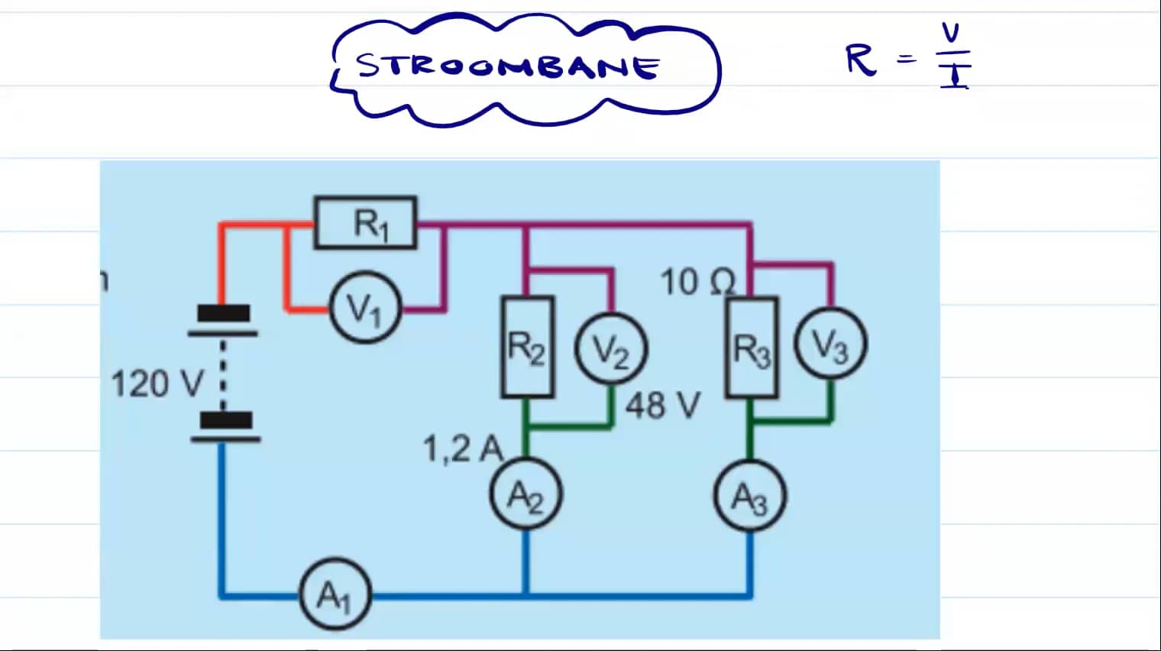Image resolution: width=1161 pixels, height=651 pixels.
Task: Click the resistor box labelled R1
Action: click(366, 223)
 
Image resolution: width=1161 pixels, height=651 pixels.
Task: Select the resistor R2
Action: click(527, 348)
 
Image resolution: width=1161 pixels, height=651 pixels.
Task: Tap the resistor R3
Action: click(751, 348)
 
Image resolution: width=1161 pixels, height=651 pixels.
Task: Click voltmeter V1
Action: click(365, 308)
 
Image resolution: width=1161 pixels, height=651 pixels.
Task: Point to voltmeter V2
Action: click(610, 350)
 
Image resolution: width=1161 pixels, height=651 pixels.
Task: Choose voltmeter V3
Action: click(830, 345)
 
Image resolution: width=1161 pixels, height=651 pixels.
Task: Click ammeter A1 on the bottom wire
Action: click(334, 595)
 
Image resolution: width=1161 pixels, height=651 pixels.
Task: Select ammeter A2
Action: click(526, 496)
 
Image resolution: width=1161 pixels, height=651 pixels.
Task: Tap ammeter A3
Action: click(749, 497)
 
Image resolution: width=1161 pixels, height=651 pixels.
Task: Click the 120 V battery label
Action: click(157, 383)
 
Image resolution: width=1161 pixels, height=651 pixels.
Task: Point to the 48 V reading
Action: click(662, 405)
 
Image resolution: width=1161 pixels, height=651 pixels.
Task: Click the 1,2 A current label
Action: click(462, 449)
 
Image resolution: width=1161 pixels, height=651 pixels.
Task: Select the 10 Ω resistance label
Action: click(697, 282)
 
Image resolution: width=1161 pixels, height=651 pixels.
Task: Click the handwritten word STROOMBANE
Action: click(508, 67)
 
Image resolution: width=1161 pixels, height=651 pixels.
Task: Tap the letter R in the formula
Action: click(861, 60)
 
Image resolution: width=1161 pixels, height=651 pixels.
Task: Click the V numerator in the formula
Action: click(950, 33)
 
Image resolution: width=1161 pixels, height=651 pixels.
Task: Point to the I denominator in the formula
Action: click(954, 76)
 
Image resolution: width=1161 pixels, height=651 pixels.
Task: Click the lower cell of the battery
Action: click(225, 427)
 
